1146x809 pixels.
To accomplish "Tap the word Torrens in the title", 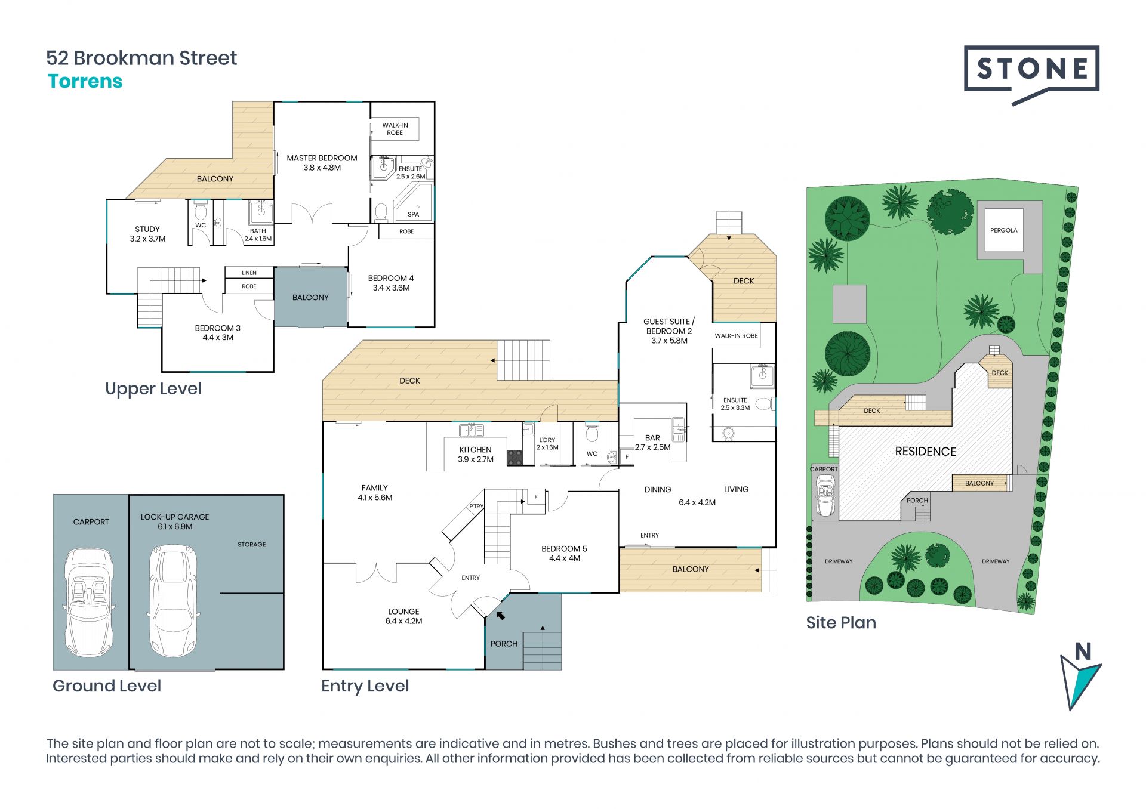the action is (85, 81).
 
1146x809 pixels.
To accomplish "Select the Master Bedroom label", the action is (322, 163).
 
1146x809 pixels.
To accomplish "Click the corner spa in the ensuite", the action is (413, 202).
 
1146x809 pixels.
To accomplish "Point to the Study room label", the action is (147, 234).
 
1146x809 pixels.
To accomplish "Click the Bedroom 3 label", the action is (217, 333).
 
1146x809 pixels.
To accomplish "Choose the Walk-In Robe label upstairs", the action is (395, 129).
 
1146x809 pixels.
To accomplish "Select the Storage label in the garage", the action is (252, 545).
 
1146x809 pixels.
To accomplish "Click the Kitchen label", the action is (476, 455).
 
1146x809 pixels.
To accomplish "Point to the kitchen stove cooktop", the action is (515, 458).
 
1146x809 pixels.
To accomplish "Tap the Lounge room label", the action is (403, 616).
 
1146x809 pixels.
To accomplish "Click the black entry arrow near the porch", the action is (500, 615).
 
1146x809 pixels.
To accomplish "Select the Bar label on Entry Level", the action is (652, 443).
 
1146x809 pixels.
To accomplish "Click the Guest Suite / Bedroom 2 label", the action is (669, 331).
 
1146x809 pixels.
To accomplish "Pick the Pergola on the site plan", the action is (1003, 230).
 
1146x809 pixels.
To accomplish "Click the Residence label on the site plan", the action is (925, 452).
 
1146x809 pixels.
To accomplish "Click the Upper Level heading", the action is (153, 389).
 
